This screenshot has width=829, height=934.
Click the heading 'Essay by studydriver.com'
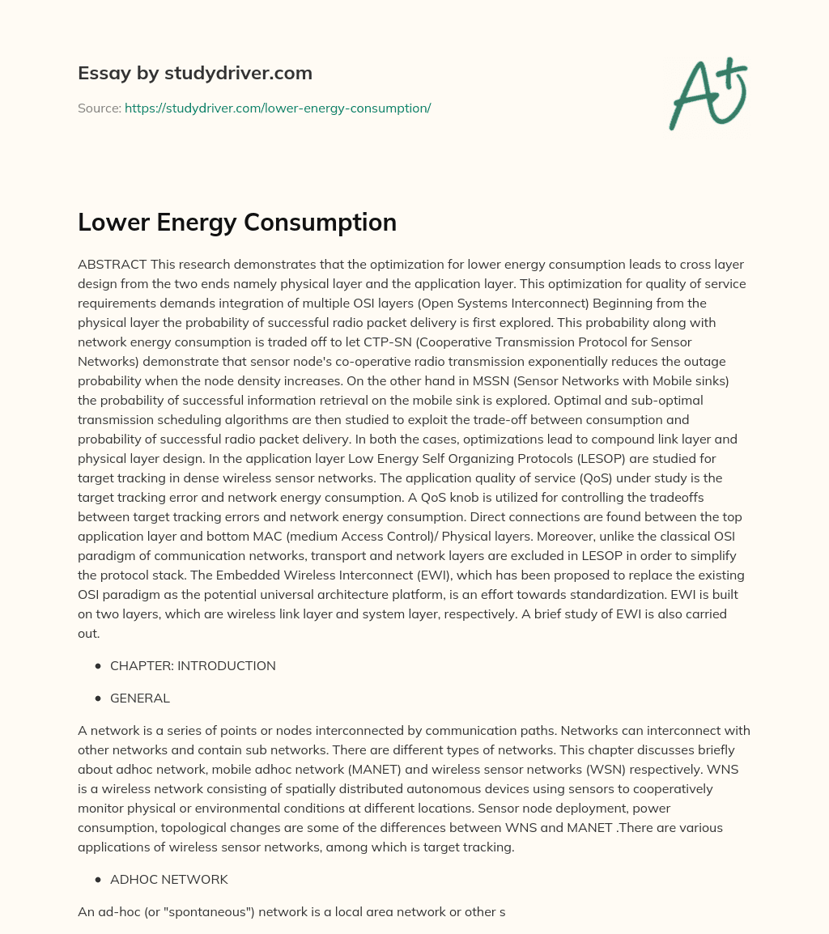click(x=194, y=73)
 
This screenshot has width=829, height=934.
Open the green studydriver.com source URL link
click(x=278, y=108)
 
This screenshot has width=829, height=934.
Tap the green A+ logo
click(x=707, y=94)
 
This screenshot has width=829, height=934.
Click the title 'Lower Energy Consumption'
click(x=237, y=222)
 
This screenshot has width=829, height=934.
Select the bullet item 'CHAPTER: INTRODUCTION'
click(x=193, y=666)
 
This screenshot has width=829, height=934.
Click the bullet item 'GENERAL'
click(x=140, y=698)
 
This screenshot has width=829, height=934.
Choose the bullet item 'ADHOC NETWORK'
click(x=169, y=879)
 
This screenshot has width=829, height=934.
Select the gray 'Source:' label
click(x=99, y=108)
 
